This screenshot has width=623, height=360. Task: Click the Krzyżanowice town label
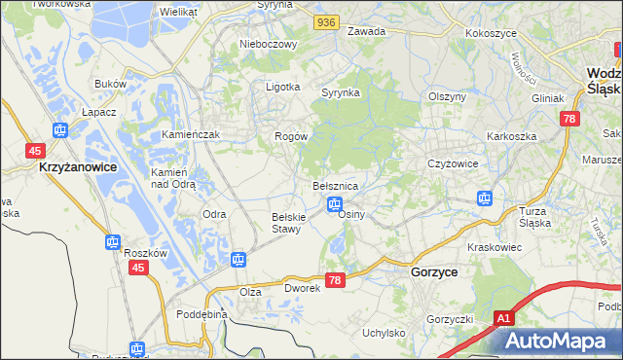pos(78,167)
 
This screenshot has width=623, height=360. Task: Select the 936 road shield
pos(326,20)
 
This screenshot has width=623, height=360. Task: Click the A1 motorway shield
pos(502,318)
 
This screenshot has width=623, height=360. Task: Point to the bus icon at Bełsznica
pos(334,204)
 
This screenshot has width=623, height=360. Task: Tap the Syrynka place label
pos(341,92)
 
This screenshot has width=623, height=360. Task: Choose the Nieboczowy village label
pos(267,44)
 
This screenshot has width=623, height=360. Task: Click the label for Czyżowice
pos(453,163)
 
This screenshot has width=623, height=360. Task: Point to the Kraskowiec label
pos(495,248)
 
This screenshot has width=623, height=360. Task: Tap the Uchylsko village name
pos(384,333)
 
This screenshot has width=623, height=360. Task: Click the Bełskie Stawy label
pos(290,222)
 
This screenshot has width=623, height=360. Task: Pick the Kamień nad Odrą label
pos(173,177)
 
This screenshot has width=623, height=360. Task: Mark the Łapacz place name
pos(100,112)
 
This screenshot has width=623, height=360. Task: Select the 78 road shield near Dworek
pos(335,280)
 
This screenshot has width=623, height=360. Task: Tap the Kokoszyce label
pos(491,32)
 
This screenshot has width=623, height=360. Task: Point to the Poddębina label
pos(202,314)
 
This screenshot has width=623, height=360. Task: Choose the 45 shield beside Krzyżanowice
pos(35,150)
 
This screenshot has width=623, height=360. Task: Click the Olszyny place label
pos(449,96)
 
